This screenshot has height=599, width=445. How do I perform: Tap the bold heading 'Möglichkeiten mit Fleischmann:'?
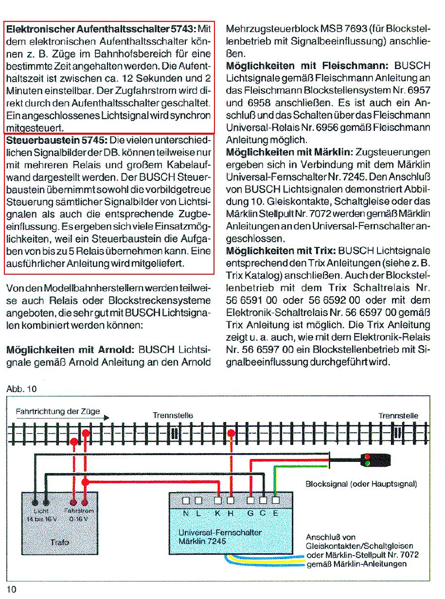tap(308, 65)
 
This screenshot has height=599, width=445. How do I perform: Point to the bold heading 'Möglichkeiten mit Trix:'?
tap(281, 251)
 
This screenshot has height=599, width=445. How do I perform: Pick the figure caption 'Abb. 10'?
tap(21, 389)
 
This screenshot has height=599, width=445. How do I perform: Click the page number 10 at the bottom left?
tap(12, 589)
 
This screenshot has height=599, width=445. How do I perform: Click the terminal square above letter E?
tap(276, 500)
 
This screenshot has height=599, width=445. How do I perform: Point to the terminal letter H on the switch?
tap(231, 512)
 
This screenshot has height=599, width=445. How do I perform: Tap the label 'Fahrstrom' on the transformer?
tap(79, 511)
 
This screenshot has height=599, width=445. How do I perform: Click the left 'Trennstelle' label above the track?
tap(173, 415)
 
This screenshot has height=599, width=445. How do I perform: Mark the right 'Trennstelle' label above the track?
tap(398, 415)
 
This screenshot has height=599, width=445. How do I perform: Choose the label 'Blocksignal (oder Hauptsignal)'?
tap(361, 484)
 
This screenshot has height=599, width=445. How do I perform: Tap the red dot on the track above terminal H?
tap(231, 433)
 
